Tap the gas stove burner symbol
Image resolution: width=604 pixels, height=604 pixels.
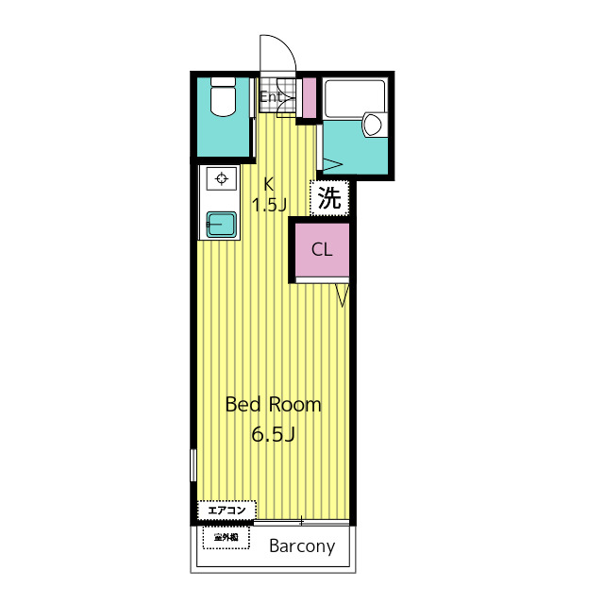tap(221, 178)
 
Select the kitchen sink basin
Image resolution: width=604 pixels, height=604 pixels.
tap(221, 225)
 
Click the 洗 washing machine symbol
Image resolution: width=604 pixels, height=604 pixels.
tap(329, 198)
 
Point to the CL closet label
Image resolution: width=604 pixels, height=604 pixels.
tap(322, 249)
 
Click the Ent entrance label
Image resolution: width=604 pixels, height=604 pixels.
tap(271, 96)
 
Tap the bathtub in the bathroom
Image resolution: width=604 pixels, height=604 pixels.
tap(355, 99)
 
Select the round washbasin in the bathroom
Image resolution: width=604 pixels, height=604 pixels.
tap(373, 124)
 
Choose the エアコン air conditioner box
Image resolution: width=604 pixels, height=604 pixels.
tap(226, 511)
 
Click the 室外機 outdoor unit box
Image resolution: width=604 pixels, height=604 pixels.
tap(226, 537)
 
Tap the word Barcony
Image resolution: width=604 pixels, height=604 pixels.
tap(302, 546)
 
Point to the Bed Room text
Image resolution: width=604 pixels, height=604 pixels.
tap(273, 405)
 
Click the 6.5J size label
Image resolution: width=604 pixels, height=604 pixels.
tap(273, 434)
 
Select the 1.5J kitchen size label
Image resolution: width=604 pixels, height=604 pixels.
tap(269, 205)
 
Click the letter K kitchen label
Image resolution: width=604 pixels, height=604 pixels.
tap(268, 184)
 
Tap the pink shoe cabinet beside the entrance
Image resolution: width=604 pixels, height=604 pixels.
tap(310, 98)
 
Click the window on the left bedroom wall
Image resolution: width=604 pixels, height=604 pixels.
tap(193, 465)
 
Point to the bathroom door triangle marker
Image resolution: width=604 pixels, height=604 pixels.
tap(332, 165)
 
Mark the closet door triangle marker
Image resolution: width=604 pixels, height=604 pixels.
tap(342, 295)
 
